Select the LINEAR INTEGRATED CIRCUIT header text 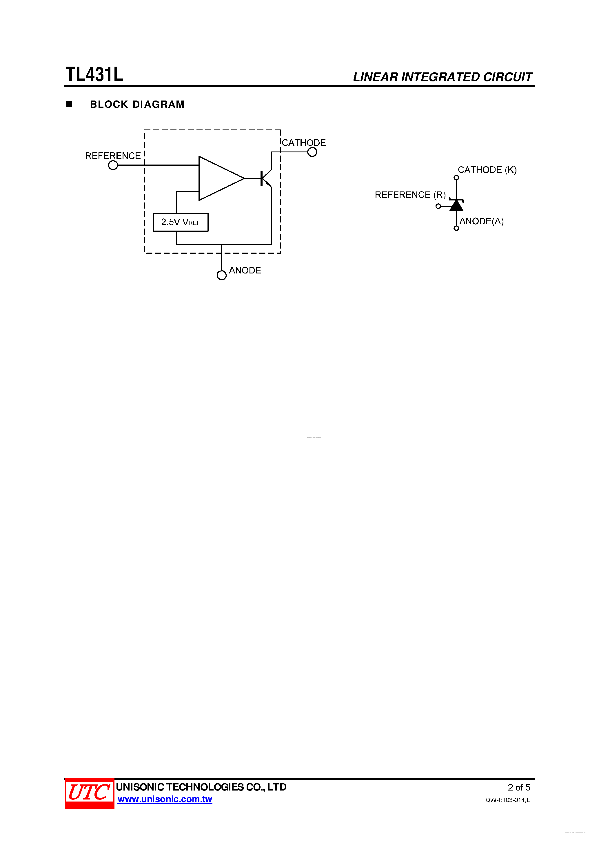point(442,77)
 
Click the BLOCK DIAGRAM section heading point(137,104)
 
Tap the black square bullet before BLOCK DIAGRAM point(69,104)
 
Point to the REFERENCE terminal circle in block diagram point(113,165)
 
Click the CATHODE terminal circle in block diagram point(312,152)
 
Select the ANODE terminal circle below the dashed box point(221,275)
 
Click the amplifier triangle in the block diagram point(218,178)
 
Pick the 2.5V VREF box point(181,222)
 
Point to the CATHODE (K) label point(487,170)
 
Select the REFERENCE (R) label point(410,195)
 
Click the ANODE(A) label point(481,221)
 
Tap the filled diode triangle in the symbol point(456,205)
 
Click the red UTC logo point(89,793)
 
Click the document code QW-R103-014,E point(508,800)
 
